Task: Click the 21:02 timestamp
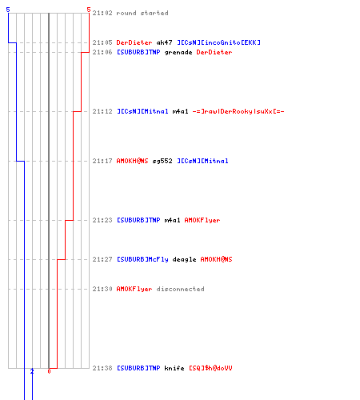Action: tap(102, 13)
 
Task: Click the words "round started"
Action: tap(142, 13)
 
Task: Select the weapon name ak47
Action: tap(164, 42)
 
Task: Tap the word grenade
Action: tap(178, 52)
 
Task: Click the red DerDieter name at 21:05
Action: tap(134, 42)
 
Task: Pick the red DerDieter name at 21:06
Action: tap(214, 52)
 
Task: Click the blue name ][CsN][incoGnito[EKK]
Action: tap(219, 42)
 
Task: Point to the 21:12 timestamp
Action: tap(102, 111)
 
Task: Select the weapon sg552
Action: tap(162, 161)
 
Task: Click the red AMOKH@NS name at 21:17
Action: tap(132, 161)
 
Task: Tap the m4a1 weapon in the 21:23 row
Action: tap(172, 220)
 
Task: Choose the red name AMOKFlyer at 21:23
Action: tap(202, 220)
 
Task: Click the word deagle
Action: tap(184, 259)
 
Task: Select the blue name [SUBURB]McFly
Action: tap(142, 259)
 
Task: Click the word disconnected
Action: tap(181, 289)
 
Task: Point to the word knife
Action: tap(174, 368)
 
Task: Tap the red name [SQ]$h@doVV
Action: tap(210, 368)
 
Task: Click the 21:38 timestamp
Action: tap(102, 368)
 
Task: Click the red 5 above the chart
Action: tap(89, 10)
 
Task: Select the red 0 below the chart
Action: tap(49, 371)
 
